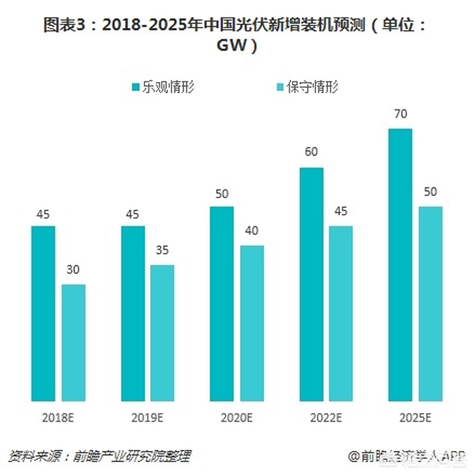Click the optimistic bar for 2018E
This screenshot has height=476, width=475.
[x=43, y=313]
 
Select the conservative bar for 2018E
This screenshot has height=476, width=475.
[x=73, y=342]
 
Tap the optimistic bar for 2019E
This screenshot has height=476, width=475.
[x=132, y=313]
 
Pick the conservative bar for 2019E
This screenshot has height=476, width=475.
[x=162, y=332]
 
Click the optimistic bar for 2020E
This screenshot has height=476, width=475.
[x=222, y=303]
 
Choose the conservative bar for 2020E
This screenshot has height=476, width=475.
[x=252, y=322]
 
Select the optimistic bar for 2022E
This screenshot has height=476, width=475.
[x=311, y=284]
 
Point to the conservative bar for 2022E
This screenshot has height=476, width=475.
[x=341, y=313]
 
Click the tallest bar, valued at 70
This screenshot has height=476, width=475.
[x=401, y=264]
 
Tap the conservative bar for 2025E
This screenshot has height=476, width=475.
[x=431, y=303]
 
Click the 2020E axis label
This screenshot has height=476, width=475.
[x=236, y=416]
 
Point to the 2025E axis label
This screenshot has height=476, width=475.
[x=415, y=416]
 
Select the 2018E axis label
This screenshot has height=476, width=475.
[x=57, y=416]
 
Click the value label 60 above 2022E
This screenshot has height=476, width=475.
[x=311, y=152]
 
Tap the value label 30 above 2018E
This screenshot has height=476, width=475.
[x=73, y=270]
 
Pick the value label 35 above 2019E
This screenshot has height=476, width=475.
[x=162, y=250]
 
